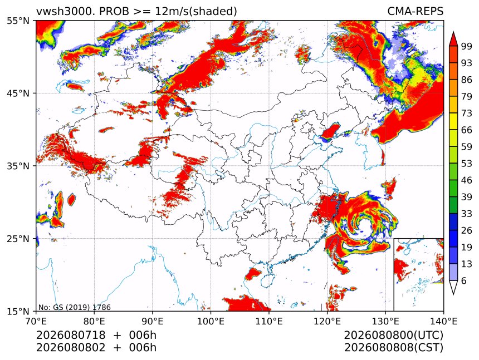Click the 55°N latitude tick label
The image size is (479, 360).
coord(18,21)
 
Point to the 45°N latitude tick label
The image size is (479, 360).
coord(18,93)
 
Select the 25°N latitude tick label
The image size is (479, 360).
coord(18,238)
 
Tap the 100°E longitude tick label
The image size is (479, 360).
coord(211,321)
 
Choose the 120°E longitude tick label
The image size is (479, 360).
coord(327,321)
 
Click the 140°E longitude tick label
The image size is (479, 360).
coord(443,321)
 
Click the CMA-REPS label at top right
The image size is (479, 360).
coord(415,11)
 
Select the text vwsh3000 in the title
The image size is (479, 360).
coord(64,11)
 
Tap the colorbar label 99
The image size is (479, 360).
coord(467,47)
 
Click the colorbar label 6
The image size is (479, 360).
coord(464,280)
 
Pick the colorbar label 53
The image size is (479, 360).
coord(467,164)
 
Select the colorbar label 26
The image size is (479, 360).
coord(467,230)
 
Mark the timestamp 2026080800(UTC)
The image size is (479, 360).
coord(393,335)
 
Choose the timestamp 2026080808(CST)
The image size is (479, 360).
coord(393,348)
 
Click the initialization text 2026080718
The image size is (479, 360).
coord(71,335)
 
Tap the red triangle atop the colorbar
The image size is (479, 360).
coord(453,38)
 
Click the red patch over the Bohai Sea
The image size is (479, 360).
coord(330,131)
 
